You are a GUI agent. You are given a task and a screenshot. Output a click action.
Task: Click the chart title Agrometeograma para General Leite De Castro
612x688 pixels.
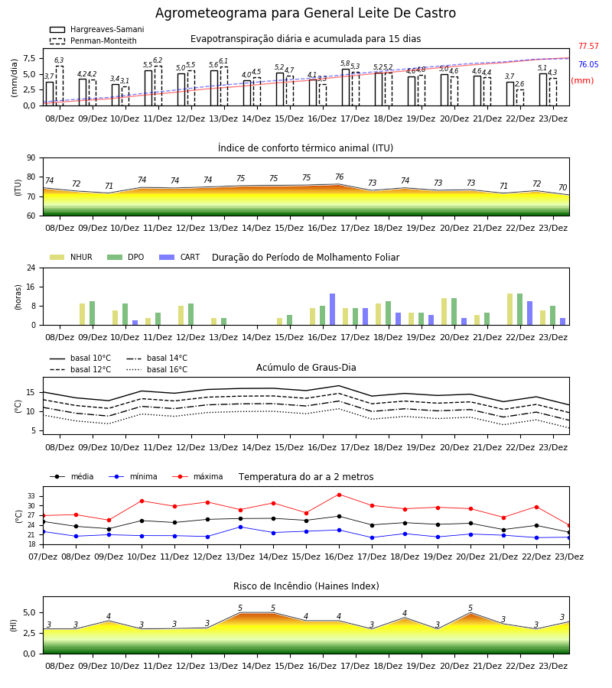coord(305,13)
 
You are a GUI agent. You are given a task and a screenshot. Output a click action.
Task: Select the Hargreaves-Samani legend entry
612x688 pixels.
coord(97,29)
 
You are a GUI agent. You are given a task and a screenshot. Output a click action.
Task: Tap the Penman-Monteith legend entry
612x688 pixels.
coord(93,41)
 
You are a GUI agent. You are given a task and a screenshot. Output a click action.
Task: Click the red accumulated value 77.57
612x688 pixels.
coord(588,46)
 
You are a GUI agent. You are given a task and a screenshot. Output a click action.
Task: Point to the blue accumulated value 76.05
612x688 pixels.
coord(588,64)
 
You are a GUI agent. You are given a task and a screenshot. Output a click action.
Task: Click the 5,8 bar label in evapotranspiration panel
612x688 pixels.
coord(345,63)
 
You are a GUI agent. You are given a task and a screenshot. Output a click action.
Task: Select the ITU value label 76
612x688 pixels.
coord(340,177)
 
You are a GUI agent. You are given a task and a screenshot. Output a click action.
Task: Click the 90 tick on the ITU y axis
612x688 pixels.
coord(31,158)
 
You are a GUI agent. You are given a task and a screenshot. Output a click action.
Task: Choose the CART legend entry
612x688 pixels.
coord(180,257)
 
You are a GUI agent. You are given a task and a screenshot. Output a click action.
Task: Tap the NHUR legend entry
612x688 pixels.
coord(71,257)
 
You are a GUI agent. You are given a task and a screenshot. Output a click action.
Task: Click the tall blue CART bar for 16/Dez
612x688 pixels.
coord(332,310)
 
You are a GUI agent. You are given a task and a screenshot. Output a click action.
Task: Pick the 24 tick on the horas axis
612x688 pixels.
coord(31,268)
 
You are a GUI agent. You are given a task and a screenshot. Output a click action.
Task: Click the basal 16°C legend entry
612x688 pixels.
coord(157,369)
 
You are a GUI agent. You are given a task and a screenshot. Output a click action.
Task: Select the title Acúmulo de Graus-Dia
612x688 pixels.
coord(306,367)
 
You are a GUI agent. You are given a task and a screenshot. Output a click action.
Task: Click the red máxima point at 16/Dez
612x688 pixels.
coord(339,495)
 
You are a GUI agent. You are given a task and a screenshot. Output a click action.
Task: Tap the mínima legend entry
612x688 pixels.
coord(133,476)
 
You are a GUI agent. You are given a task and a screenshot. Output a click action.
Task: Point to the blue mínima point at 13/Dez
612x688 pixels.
coord(240,527)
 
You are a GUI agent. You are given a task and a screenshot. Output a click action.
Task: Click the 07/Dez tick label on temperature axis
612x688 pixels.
coord(43,557)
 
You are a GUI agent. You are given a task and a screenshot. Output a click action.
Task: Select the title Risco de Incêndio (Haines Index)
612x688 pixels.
coord(306,586)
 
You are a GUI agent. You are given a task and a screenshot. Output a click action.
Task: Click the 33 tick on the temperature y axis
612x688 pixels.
coord(31,496)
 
